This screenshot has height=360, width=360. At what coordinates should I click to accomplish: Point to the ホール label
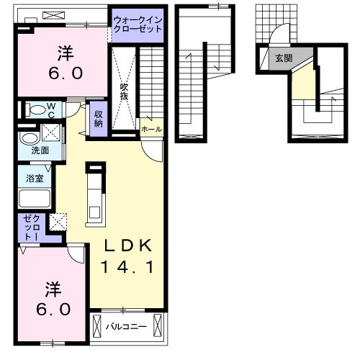[x=152, y=130]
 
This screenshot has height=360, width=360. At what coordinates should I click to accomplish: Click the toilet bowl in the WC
[x=34, y=110]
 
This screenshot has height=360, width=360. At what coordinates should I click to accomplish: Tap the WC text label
[x=53, y=109]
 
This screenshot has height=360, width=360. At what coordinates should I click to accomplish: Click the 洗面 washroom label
[x=40, y=151]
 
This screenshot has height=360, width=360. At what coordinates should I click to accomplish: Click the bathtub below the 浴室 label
[x=34, y=199]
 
